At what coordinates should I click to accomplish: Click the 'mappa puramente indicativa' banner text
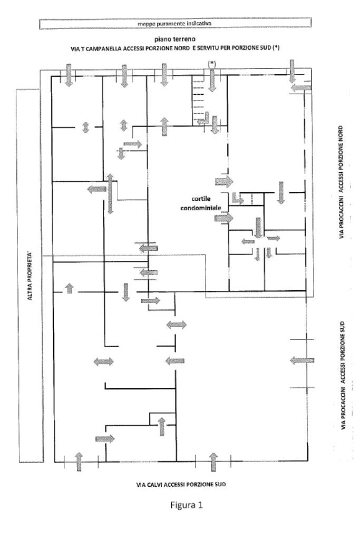click(174, 23)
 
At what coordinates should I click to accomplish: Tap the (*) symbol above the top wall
click(212, 63)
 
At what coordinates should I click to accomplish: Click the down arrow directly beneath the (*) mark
click(212, 80)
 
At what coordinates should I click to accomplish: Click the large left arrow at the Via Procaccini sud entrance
click(301, 360)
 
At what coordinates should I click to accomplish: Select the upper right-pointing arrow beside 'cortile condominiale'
click(223, 182)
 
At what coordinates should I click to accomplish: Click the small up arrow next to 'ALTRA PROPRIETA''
click(69, 288)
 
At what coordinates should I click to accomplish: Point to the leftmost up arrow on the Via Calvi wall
click(79, 461)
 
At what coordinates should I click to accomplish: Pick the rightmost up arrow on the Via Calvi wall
click(213, 461)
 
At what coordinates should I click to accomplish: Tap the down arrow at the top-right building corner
click(291, 71)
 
